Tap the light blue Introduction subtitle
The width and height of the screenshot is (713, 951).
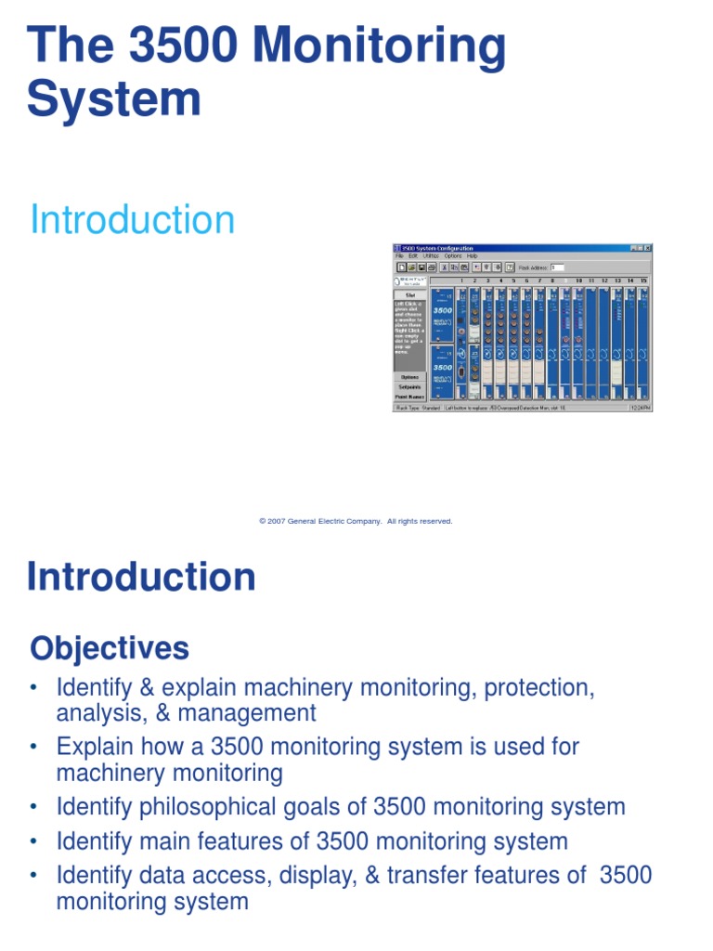[x=133, y=220]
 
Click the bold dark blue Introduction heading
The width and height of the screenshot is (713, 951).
[x=141, y=577]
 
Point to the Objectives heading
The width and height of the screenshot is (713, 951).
[x=110, y=648]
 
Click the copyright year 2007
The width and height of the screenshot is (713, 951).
[x=276, y=522]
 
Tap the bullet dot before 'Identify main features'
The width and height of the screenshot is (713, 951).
[x=34, y=842]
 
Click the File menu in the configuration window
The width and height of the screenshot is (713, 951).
[x=399, y=255]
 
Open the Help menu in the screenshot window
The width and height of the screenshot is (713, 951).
[x=472, y=255]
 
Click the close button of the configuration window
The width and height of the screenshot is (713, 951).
[x=648, y=248]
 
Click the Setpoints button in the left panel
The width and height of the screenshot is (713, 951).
[x=409, y=386]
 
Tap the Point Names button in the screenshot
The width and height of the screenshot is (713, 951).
[x=409, y=397]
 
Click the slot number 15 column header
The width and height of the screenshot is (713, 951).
[x=642, y=280]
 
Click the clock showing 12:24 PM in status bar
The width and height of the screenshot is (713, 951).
[x=641, y=407]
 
